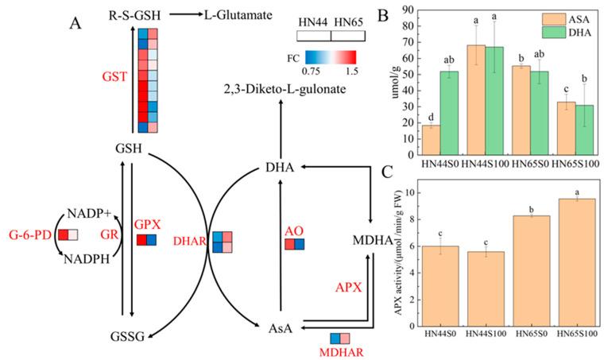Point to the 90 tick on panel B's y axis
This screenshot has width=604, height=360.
[x=413, y=10]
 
